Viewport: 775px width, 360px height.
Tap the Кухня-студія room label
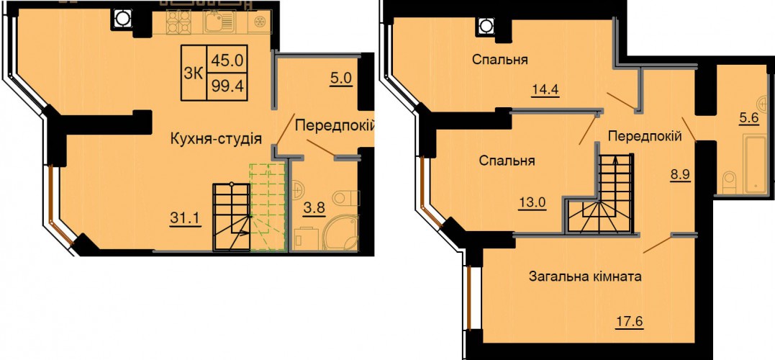(x=215, y=138)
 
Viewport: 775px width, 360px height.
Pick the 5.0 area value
(x=340, y=79)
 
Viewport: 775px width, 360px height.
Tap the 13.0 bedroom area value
(x=532, y=203)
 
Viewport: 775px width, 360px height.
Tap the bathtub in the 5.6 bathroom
(x=753, y=166)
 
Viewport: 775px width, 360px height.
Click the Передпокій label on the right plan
(x=645, y=135)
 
